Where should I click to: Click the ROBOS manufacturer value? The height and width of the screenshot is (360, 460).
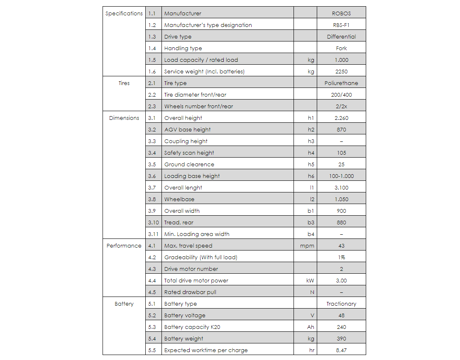coord(341,13)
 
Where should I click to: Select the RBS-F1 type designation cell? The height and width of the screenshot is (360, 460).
coord(341,25)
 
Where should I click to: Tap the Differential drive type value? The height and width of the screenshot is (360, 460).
coord(341,36)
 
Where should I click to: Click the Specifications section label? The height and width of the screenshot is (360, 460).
coord(124,13)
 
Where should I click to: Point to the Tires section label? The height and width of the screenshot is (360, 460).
coord(124,83)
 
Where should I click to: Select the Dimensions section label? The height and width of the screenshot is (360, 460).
coord(124,118)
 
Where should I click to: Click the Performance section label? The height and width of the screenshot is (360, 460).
coord(124,246)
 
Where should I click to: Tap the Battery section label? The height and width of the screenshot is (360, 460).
coord(124,304)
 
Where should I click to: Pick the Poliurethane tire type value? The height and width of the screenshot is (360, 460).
coord(341,83)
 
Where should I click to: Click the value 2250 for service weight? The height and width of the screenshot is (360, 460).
coord(341,71)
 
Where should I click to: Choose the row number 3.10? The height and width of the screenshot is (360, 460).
coord(153,222)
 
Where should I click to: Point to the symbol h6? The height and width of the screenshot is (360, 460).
coord(311,176)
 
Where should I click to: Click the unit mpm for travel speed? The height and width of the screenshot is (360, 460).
coord(307,246)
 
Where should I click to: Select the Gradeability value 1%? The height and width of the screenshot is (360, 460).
coord(341,257)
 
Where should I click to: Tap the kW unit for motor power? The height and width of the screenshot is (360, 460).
coord(310,280)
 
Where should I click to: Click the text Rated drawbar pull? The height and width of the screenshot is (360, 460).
coord(190,292)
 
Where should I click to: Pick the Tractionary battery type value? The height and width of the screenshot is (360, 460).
coord(341,304)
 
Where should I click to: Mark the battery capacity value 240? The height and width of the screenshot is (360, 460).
coord(341,327)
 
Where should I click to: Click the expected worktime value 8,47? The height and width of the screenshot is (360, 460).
coord(341,350)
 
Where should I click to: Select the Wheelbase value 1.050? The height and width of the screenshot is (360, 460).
coord(341,199)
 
